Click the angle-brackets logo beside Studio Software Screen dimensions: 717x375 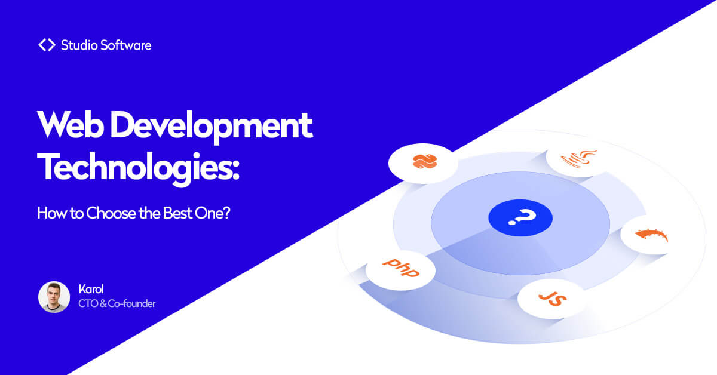click(x=47, y=45)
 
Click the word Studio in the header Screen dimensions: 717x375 click(x=79, y=45)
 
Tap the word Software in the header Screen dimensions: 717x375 click(x=126, y=45)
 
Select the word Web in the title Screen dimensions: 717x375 click(x=71, y=125)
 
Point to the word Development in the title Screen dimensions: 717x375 click(x=212, y=127)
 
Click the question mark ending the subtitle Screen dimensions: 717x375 click(x=226, y=213)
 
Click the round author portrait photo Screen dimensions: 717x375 click(x=54, y=297)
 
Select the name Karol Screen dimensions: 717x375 click(x=91, y=289)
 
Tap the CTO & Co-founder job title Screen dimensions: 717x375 click(x=117, y=303)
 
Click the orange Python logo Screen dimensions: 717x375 click(x=425, y=162)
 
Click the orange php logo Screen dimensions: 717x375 click(x=401, y=268)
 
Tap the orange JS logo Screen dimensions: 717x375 click(x=553, y=299)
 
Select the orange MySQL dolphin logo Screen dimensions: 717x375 click(x=651, y=235)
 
